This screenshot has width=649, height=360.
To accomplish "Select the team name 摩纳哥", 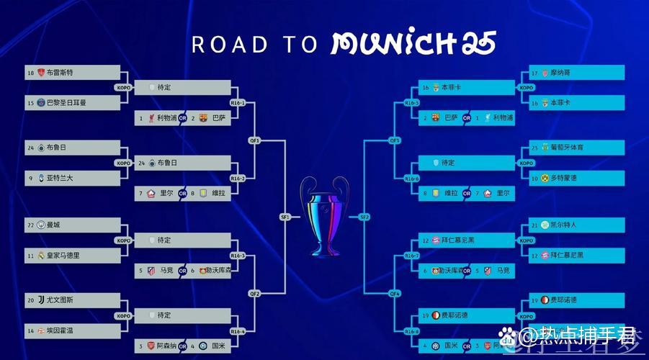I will click(560, 73).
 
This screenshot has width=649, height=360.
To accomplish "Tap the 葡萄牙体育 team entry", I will click(567, 148).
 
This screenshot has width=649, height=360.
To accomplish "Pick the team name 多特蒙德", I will click(565, 177).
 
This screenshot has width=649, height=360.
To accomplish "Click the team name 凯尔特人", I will click(565, 225).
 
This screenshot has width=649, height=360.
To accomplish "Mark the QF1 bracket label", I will click(254, 140).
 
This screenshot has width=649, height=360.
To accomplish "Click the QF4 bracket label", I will click(395, 294).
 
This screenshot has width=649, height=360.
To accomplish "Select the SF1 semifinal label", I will click(285, 217).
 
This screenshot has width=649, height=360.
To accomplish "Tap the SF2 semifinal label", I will click(364, 217).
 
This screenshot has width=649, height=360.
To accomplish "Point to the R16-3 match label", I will click(238, 256).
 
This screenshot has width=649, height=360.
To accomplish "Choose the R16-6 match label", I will click(412, 179).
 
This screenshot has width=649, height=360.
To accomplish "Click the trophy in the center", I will click(324, 216).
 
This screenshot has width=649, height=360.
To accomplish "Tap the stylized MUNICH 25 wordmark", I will click(413, 44).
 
